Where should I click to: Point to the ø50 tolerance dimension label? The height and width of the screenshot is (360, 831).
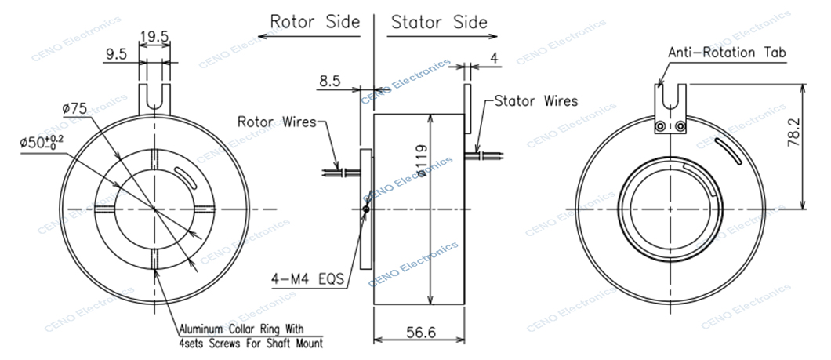click(x=43, y=142)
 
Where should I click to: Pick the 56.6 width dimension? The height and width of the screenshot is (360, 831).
click(x=420, y=332)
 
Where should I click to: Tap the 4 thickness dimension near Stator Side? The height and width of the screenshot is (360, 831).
click(x=494, y=57)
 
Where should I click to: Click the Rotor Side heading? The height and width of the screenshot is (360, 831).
click(x=314, y=21)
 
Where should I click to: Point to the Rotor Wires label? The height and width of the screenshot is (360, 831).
click(x=277, y=122)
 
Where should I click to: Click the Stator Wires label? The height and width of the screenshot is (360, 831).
click(x=536, y=101)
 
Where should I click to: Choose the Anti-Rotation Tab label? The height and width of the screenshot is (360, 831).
click(x=728, y=53)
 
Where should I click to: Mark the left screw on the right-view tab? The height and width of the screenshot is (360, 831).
click(x=662, y=126)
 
